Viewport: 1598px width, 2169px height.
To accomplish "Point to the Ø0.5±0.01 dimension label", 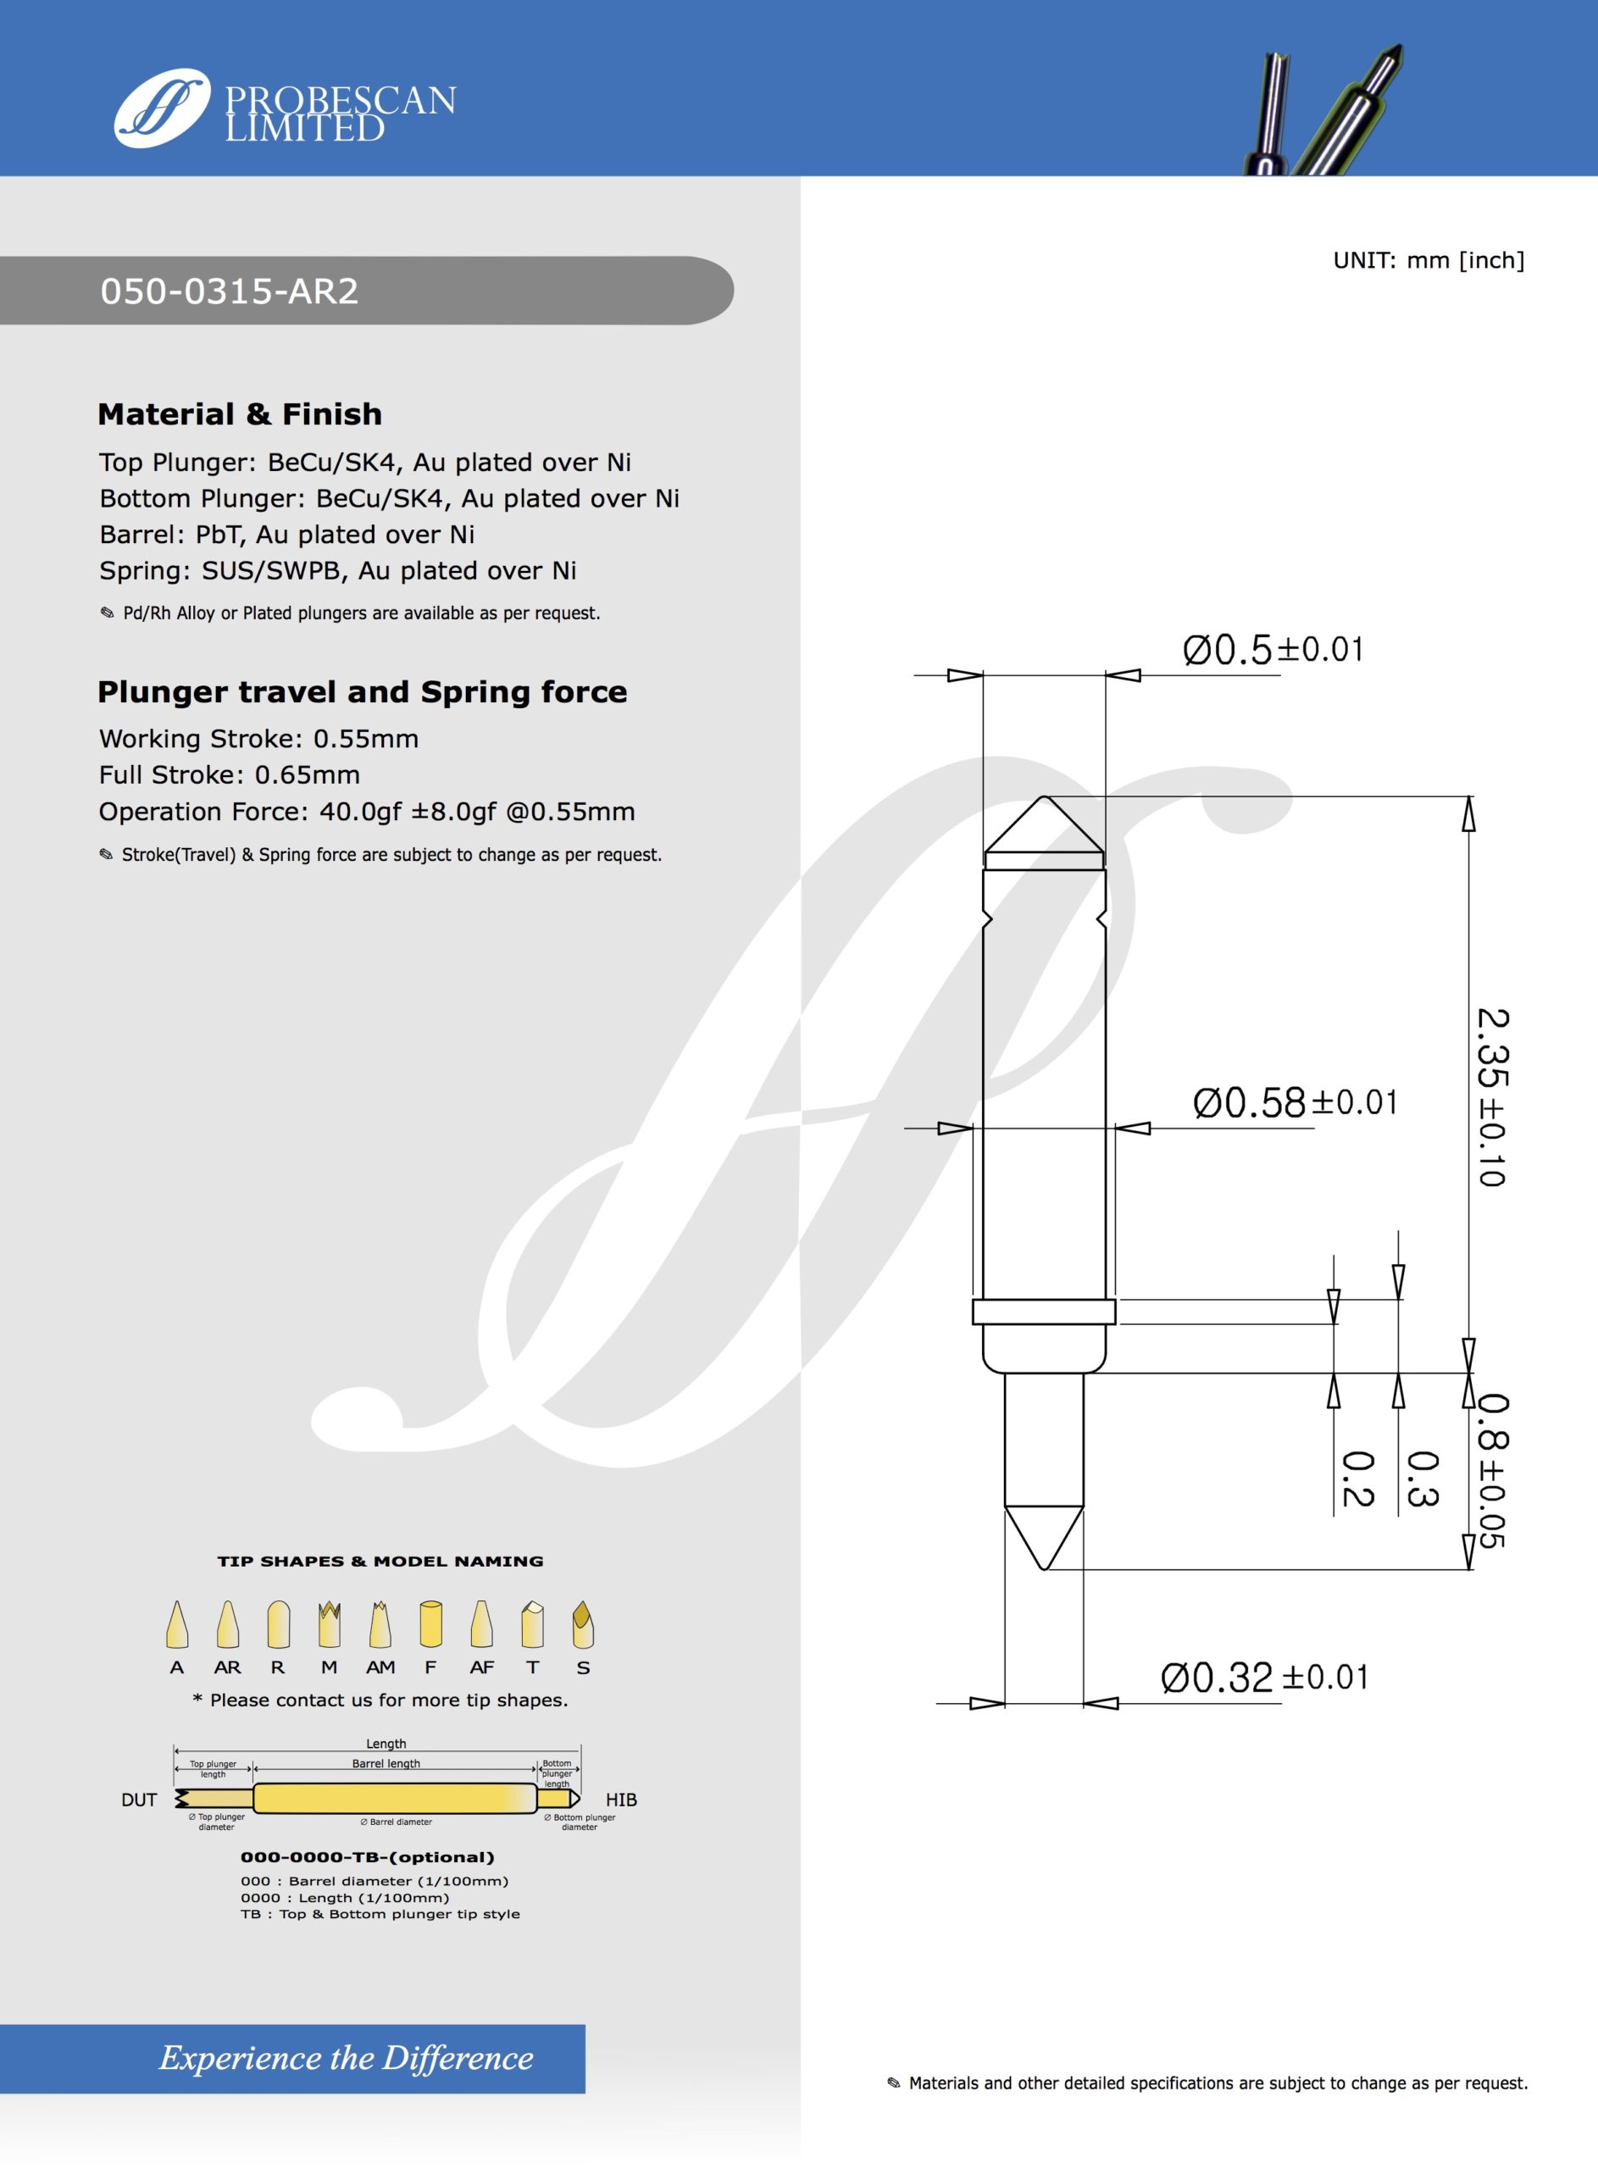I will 1273,650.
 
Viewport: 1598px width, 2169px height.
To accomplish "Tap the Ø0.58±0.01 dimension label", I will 1296,1102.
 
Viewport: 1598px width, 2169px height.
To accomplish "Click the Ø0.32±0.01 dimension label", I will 1264,1678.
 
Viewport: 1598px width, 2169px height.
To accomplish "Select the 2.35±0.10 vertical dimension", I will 1491,1096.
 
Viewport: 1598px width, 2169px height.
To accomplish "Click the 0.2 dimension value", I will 1358,1478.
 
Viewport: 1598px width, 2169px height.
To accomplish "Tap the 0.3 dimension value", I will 1422,1478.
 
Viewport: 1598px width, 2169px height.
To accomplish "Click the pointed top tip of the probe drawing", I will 1044,800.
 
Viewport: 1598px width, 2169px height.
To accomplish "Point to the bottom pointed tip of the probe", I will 1045,1565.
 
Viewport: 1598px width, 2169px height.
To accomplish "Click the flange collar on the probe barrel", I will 1044,1312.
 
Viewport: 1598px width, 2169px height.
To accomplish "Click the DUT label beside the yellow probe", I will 139,1800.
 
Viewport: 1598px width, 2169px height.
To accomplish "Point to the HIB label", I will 621,1800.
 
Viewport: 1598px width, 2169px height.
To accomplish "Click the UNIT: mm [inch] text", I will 1428,260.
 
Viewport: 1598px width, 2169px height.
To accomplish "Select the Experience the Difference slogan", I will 347,2058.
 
